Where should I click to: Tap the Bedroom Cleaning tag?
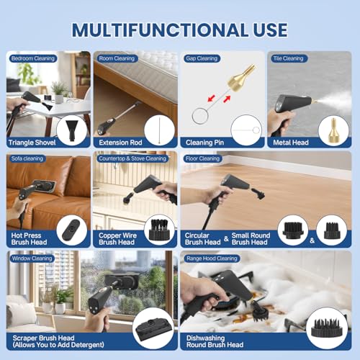[x=33, y=58]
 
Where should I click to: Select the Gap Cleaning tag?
[x=202, y=58]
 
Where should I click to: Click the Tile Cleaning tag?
[x=288, y=58]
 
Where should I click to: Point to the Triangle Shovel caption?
[x=32, y=143]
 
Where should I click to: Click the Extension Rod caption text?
[x=120, y=143]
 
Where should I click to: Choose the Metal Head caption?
[x=291, y=143]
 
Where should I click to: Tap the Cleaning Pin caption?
[x=204, y=143]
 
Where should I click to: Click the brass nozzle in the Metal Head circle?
[x=333, y=130]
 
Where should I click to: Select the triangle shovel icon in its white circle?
[x=72, y=130]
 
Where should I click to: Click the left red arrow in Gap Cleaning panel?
[x=211, y=99]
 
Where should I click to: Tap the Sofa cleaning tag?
[x=27, y=158]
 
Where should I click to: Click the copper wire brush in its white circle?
[x=159, y=230]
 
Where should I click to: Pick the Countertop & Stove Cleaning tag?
[x=132, y=158]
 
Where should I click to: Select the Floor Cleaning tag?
[x=202, y=158]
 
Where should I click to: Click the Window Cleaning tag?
[x=32, y=258]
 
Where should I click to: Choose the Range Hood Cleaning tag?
[x=212, y=258]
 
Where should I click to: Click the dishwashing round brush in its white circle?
[x=327, y=328]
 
